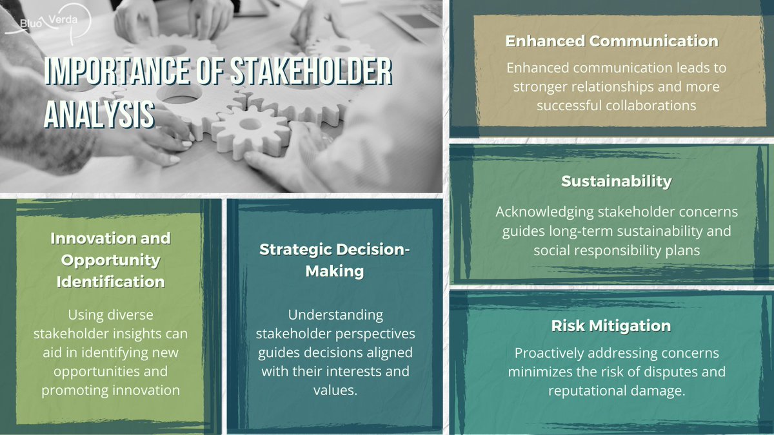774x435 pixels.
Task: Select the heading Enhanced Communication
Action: point(611,41)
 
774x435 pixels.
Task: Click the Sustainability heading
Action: point(616,182)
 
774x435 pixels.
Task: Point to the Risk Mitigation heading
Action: point(611,326)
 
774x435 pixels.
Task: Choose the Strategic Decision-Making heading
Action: point(334,260)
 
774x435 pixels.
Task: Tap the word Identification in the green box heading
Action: point(110,282)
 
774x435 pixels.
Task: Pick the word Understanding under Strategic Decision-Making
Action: point(335,315)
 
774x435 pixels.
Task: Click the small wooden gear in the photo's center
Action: point(251,129)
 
